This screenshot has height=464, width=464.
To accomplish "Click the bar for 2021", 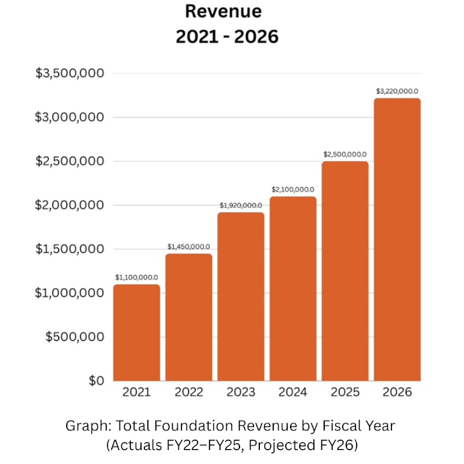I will [x=136, y=332].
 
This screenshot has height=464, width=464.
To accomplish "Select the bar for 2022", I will [x=188, y=317].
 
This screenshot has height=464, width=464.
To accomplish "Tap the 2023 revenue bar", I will [x=241, y=296].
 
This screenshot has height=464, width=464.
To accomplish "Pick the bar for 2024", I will [x=293, y=288].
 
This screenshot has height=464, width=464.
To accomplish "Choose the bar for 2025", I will [x=345, y=271].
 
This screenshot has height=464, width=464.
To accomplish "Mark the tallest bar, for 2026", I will [x=397, y=240].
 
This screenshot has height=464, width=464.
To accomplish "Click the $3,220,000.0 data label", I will [x=397, y=91].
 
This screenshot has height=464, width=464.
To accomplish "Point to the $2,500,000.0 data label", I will [x=345, y=154].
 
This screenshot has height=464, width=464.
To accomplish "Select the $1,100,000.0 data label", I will [x=136, y=277].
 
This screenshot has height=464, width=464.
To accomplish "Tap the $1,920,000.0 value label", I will [x=241, y=205].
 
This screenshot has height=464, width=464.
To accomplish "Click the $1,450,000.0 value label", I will [x=188, y=246].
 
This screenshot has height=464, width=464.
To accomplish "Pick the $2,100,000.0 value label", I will [x=293, y=189].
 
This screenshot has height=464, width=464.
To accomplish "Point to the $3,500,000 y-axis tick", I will [x=70, y=74].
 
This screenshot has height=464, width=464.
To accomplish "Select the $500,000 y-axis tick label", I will [x=75, y=337].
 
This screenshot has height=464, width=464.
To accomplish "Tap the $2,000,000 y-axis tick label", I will [x=70, y=205].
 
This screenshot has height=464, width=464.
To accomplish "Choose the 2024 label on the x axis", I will [x=293, y=393].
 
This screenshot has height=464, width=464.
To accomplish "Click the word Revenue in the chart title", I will [x=223, y=12].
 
